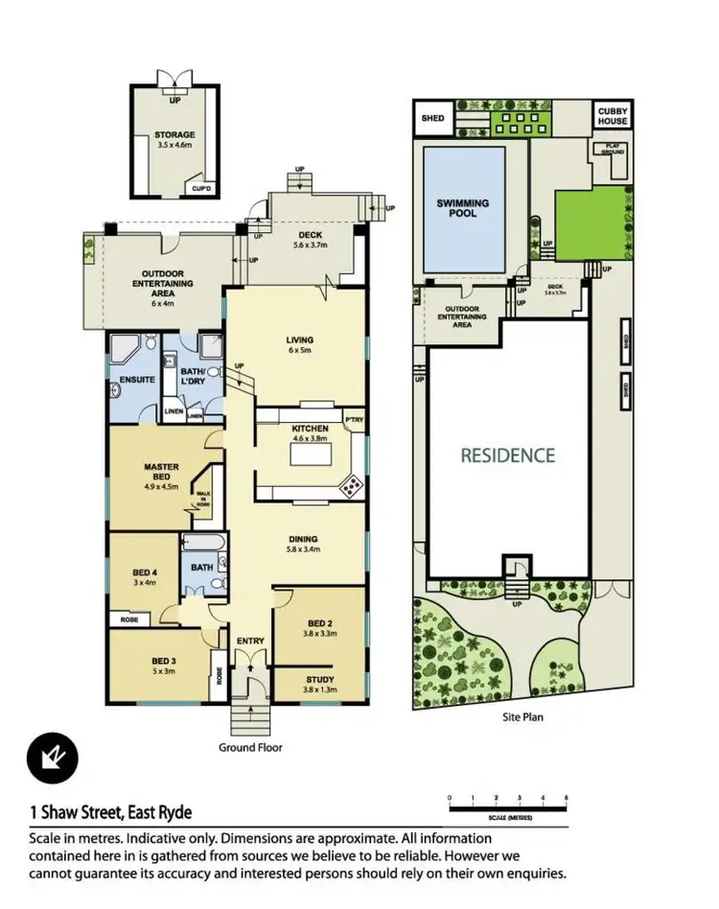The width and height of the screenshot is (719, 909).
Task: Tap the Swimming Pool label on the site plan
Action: tap(463, 208)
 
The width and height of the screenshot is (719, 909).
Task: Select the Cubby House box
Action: tap(614, 116)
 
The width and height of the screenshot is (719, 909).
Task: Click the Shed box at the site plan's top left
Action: tap(432, 118)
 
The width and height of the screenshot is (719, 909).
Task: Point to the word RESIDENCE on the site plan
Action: tap(508, 455)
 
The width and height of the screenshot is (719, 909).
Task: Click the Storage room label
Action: tap(174, 135)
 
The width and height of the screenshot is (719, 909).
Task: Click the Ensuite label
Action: tap(137, 381)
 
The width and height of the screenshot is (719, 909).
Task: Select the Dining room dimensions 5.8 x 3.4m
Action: tap(303, 550)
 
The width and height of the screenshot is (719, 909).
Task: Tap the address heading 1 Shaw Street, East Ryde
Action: tap(110, 813)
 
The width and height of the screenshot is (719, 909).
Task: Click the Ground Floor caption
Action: tap(249, 747)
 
